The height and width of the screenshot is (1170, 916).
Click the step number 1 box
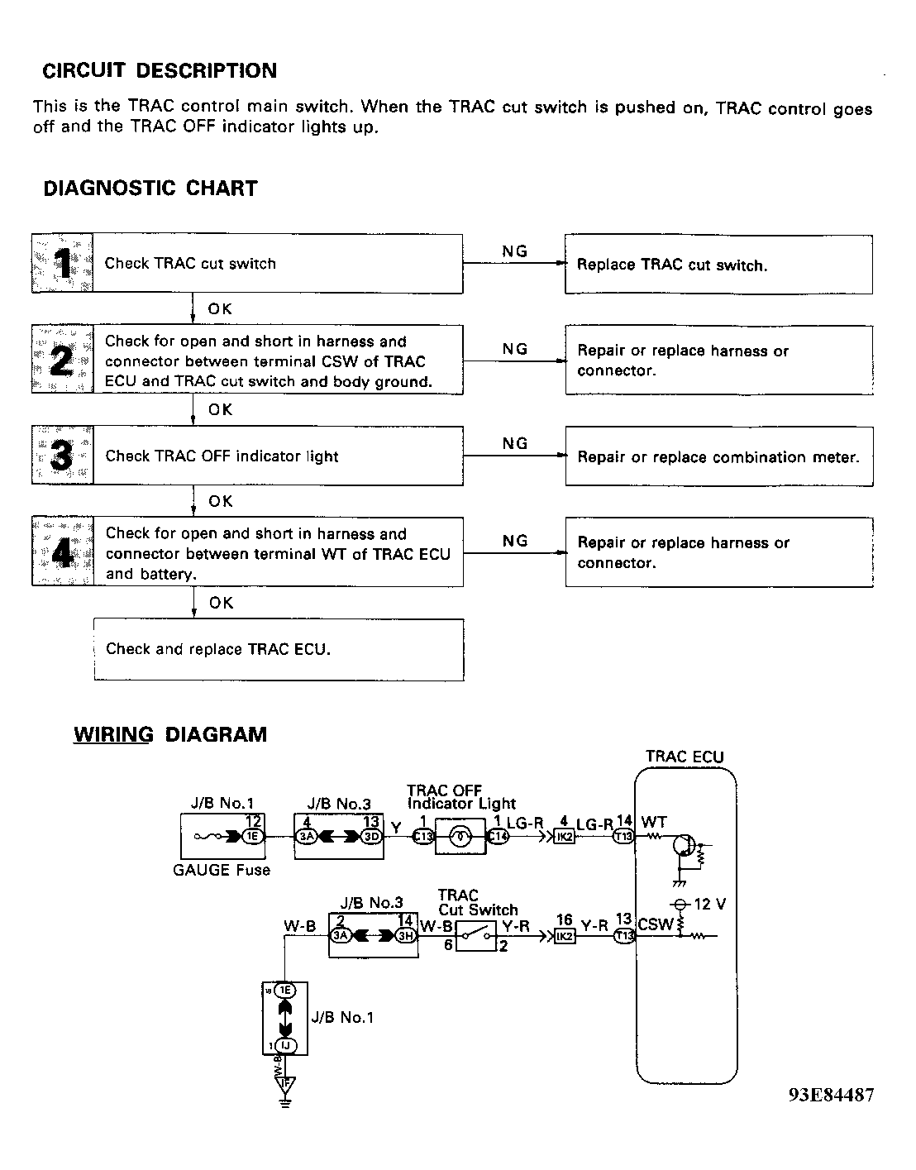pyautogui.click(x=62, y=264)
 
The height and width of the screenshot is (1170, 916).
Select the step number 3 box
pyautogui.click(x=62, y=456)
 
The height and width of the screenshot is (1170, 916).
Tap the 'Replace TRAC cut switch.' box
pyautogui.click(x=718, y=265)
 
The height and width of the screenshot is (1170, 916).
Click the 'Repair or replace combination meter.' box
pyautogui.click(x=718, y=456)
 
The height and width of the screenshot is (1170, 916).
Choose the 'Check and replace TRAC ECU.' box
pyautogui.click(x=279, y=649)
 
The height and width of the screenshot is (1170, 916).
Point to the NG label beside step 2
pyautogui.click(x=514, y=349)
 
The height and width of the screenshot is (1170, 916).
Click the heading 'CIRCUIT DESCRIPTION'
pyautogui.click(x=160, y=70)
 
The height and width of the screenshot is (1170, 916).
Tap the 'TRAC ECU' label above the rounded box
pyautogui.click(x=684, y=757)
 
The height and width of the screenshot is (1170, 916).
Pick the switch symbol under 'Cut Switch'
pyautogui.click(x=475, y=935)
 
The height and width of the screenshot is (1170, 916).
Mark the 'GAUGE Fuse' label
pyautogui.click(x=222, y=870)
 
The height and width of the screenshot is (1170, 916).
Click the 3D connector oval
pyautogui.click(x=371, y=836)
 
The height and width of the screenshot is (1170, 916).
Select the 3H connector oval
pyautogui.click(x=405, y=936)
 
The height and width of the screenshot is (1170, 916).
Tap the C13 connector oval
pyautogui.click(x=422, y=836)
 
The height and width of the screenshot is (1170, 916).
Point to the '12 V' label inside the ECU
pyautogui.click(x=708, y=904)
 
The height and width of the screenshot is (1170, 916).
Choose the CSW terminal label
pyautogui.click(x=655, y=924)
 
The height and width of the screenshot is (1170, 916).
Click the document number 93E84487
pyautogui.click(x=830, y=1095)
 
